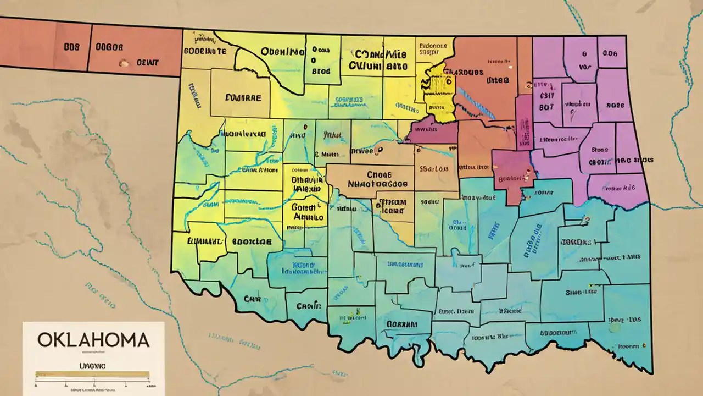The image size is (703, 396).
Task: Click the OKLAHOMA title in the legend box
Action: point(93,340)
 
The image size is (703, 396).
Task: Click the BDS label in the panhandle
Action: point(71,47)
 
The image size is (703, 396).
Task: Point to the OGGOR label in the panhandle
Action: point(110,47)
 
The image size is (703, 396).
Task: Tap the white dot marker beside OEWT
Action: point(124,62)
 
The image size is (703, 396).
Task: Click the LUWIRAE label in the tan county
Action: point(243,97)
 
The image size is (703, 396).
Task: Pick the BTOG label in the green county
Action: point(321,71)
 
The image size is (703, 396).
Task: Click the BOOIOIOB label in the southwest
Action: point(252,241)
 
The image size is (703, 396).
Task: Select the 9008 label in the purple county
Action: point(615,105)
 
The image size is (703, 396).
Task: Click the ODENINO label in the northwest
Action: point(283,52)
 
